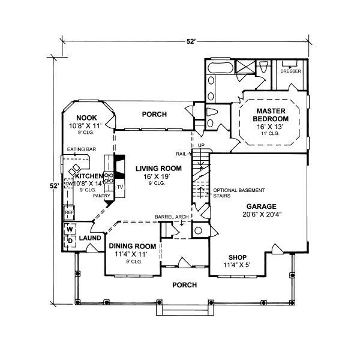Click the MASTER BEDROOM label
click(x=271, y=115)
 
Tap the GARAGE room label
click(x=261, y=206)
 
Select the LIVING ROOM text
click(x=158, y=169)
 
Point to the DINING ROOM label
click(x=133, y=246)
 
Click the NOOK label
click(x=86, y=118)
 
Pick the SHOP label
click(x=238, y=257)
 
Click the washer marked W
click(x=70, y=229)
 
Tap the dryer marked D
click(x=70, y=241)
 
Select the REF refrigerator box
click(x=68, y=212)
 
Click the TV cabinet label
click(x=120, y=187)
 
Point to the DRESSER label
click(x=290, y=71)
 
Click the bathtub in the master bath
click(x=221, y=68)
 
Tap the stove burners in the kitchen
click(x=109, y=178)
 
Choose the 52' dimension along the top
click(x=191, y=41)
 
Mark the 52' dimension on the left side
click(x=55, y=186)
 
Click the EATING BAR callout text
click(x=82, y=149)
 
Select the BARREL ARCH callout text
click(x=172, y=217)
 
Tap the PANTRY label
click(x=101, y=196)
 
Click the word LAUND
click(x=90, y=238)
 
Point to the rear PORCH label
click(x=154, y=115)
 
